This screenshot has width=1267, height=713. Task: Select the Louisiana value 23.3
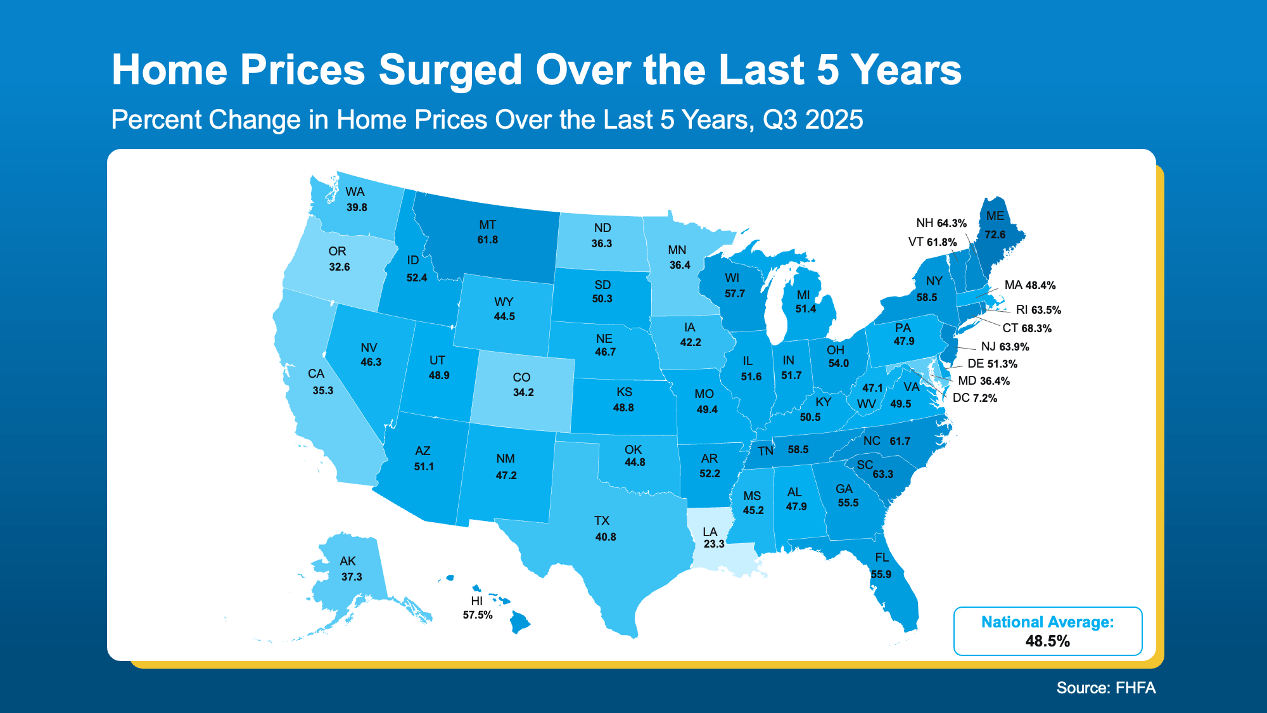[x=713, y=544]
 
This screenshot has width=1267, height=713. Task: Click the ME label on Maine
[x=995, y=216]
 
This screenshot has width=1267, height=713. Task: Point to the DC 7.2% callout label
[x=974, y=398]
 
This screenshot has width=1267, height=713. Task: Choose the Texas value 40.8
[x=605, y=537]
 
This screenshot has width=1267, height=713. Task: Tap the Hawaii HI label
[x=476, y=601]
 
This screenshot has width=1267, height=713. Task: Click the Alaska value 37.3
[x=352, y=577]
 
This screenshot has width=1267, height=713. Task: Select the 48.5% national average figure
[x=1047, y=641]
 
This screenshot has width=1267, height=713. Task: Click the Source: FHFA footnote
[x=1105, y=688]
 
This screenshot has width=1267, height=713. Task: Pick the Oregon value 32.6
[x=339, y=267]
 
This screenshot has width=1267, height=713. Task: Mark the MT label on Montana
[x=487, y=225]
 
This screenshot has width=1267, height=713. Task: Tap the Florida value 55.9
[x=881, y=574]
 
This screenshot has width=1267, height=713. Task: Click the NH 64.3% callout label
[x=941, y=223]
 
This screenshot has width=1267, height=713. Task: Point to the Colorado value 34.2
[x=523, y=392]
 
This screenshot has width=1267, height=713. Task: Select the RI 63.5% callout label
[x=1038, y=310]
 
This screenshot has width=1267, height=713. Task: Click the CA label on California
[x=315, y=374]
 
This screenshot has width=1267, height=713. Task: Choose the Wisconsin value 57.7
[x=735, y=293]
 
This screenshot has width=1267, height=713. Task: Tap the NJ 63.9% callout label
[x=1005, y=347]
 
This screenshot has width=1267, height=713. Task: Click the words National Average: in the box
[x=1047, y=622]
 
